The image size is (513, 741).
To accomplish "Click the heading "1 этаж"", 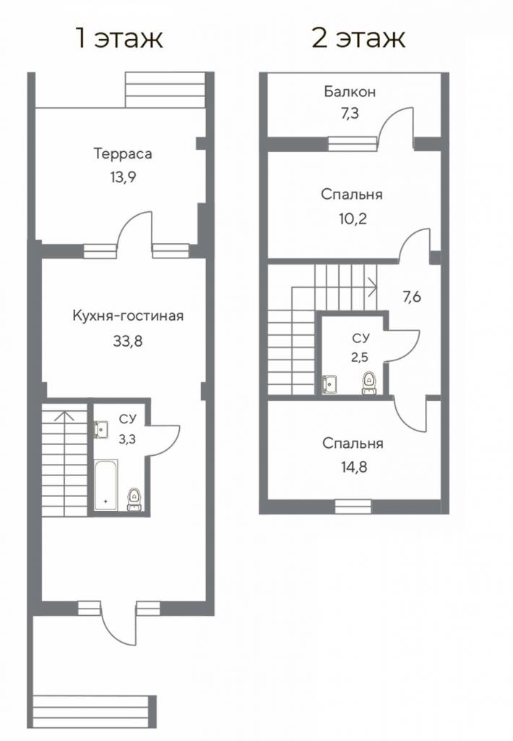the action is pyautogui.click(x=119, y=38).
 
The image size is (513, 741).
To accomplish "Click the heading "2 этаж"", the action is pyautogui.click(x=358, y=38).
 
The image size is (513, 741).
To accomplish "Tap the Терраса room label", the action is pyautogui.click(x=123, y=154).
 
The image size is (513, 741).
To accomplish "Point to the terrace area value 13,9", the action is pyautogui.click(x=123, y=177).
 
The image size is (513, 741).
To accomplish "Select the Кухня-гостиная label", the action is pyautogui.click(x=128, y=316).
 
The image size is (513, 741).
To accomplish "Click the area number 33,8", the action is pyautogui.click(x=128, y=340).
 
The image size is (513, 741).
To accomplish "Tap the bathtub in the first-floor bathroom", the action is pyautogui.click(x=105, y=485).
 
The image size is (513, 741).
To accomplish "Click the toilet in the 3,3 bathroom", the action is pyautogui.click(x=135, y=499).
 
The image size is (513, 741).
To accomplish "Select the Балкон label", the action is pyautogui.click(x=350, y=91).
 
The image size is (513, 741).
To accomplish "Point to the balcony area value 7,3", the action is pyautogui.click(x=350, y=114).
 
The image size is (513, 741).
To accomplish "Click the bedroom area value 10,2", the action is pyautogui.click(x=353, y=219).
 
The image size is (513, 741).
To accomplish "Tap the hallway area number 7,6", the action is pyautogui.click(x=412, y=297).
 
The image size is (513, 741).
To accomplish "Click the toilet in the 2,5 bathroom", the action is pyautogui.click(x=368, y=384).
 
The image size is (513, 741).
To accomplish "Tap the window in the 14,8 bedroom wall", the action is pyautogui.click(x=353, y=507).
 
